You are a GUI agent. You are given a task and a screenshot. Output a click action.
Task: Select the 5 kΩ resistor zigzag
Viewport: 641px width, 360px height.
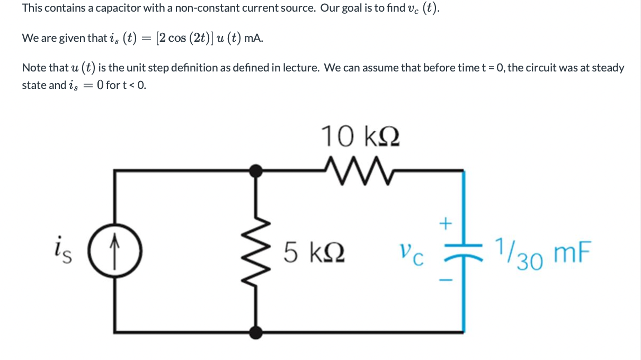(x=258, y=250)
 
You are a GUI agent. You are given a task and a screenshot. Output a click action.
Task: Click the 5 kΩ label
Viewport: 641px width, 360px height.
(x=315, y=251)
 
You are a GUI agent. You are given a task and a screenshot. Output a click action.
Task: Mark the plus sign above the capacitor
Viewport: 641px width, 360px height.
(x=446, y=224)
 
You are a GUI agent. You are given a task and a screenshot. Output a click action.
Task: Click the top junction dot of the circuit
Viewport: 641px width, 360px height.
(x=257, y=170)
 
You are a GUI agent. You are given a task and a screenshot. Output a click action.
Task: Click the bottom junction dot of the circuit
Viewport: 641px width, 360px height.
(x=257, y=332)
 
